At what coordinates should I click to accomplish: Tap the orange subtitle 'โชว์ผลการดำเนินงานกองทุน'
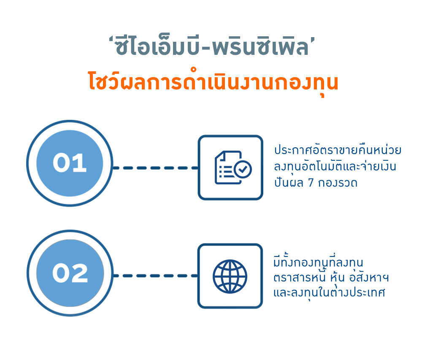[x=213, y=82]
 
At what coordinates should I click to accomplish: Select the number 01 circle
[x=70, y=163]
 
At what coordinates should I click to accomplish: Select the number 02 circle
[x=70, y=273]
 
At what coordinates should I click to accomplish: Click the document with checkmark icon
[x=233, y=167]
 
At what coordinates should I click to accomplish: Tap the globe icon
[x=230, y=276]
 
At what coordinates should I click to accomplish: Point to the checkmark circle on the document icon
[x=242, y=169]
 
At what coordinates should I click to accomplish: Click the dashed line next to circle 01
[x=155, y=168]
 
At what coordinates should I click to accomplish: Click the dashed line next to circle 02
[x=155, y=276]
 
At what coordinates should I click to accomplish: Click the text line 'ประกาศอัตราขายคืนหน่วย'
[x=338, y=150]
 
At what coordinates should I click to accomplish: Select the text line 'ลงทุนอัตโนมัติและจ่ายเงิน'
[x=335, y=166]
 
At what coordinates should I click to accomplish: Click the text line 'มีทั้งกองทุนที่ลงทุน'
[x=319, y=261]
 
